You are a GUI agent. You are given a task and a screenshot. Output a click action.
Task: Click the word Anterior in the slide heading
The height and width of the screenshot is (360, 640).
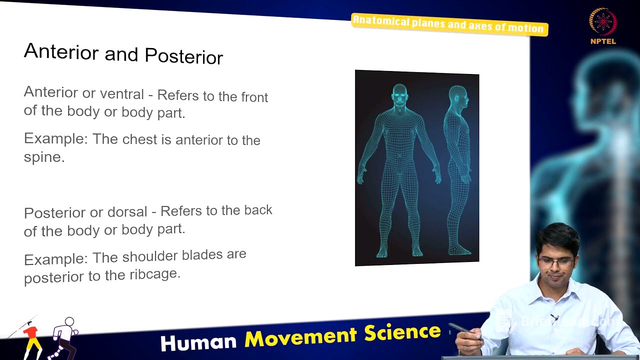[60, 52]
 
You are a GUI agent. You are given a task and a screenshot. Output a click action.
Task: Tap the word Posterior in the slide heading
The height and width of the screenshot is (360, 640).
[183, 56]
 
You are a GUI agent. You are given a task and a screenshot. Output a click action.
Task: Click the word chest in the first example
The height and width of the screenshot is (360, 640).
[139, 139]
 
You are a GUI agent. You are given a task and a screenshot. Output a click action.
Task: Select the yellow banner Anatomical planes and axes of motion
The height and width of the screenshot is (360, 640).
[449, 24]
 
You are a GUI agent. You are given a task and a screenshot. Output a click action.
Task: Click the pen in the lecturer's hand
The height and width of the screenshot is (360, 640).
[463, 330]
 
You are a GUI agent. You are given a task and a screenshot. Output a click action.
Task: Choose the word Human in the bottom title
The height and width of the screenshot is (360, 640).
[198, 341]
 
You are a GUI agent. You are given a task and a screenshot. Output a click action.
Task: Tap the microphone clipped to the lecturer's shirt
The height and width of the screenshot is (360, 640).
[554, 317]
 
